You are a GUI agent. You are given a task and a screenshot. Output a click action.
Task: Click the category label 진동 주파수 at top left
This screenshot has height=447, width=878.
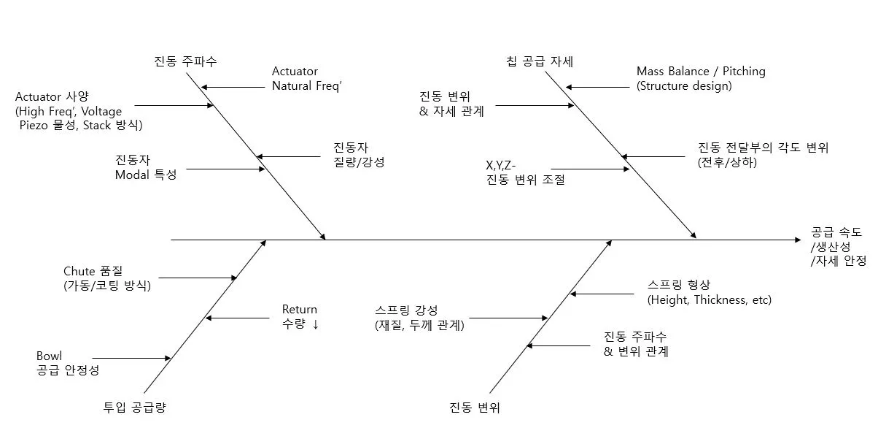pyautogui.click(x=185, y=61)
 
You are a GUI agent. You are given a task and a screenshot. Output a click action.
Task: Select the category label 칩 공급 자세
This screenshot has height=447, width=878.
pyautogui.click(x=540, y=61)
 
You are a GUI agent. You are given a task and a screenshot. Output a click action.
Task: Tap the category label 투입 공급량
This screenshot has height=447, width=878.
pyautogui.click(x=135, y=407)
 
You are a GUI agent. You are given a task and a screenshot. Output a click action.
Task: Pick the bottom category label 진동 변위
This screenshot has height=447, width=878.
pyautogui.click(x=474, y=407)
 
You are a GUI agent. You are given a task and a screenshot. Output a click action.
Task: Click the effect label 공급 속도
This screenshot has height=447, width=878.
pyautogui.click(x=836, y=232)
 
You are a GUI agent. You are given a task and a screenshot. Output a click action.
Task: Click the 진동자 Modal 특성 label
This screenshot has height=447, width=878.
pyautogui.click(x=145, y=168)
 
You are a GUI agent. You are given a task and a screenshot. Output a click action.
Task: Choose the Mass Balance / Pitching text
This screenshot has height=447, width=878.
pyautogui.click(x=700, y=72)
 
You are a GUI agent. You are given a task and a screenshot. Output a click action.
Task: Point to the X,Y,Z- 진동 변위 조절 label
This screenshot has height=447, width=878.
pyautogui.click(x=525, y=172)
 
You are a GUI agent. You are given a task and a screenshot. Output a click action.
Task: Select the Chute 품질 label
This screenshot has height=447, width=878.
pyautogui.click(x=106, y=279)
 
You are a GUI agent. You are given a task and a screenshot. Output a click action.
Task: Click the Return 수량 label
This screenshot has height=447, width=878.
pyautogui.click(x=300, y=317)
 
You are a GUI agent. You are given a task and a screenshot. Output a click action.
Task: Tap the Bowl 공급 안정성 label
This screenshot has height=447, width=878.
pyautogui.click(x=67, y=363)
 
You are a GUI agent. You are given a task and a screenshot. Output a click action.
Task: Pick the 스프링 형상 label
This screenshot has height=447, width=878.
pyautogui.click(x=709, y=292)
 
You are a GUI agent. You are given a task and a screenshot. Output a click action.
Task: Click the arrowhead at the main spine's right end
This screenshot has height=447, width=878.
pyautogui.click(x=797, y=240)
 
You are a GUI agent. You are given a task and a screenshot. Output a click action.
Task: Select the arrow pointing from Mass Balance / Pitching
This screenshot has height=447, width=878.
pyautogui.click(x=598, y=88)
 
